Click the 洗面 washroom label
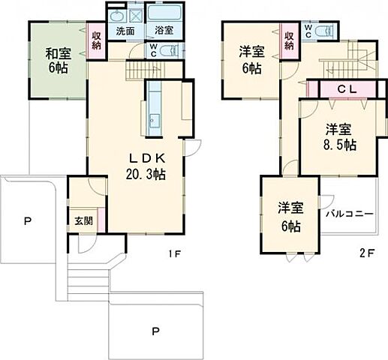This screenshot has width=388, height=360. pos(125,32)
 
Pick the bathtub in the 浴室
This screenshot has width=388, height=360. pos(163,15)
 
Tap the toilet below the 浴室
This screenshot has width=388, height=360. pos(171,52)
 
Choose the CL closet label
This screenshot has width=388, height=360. pos(345,88)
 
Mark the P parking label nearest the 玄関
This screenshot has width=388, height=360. pos(28,221)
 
